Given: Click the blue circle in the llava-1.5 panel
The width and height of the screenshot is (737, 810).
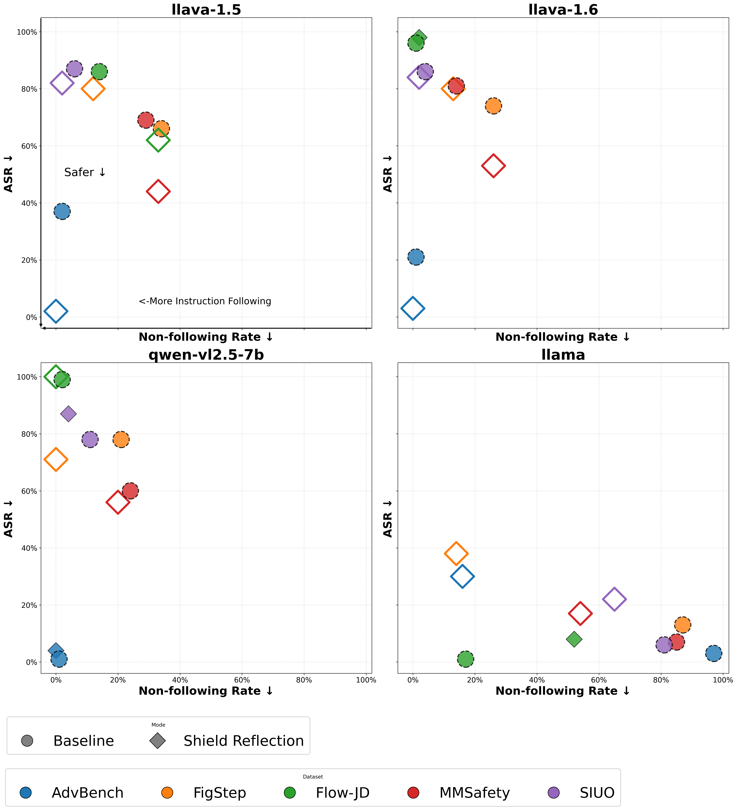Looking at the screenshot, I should tap(62, 211).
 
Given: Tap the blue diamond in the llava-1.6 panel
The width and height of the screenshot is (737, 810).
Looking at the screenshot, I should tap(413, 308).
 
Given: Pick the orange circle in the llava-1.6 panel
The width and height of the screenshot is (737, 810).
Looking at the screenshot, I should tap(493, 106).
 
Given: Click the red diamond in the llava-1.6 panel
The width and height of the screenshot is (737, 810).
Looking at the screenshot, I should tap(493, 165).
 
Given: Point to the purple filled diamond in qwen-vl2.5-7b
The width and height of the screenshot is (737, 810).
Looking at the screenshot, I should tap(68, 414).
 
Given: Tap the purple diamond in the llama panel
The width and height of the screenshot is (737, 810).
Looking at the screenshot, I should tap(614, 599).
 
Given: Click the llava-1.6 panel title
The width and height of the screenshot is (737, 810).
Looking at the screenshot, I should tap(563, 10).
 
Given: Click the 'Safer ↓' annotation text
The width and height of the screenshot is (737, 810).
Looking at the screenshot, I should tap(85, 172).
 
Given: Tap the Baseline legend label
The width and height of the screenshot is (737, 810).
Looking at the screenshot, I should tap(84, 741).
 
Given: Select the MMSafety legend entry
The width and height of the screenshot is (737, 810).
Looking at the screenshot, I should tap(474, 793).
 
